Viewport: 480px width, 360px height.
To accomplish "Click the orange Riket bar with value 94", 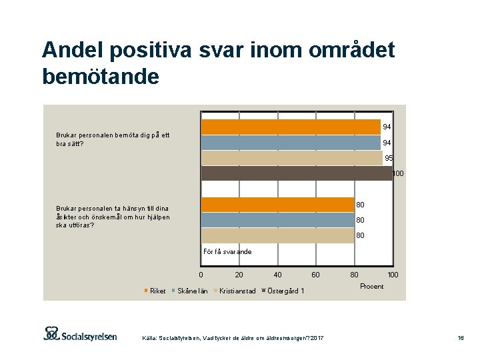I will point(291,127).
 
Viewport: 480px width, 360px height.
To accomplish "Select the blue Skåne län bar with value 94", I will point(291,143).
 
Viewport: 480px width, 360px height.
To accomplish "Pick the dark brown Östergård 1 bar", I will point(297,173).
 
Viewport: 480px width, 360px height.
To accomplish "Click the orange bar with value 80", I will point(277,205).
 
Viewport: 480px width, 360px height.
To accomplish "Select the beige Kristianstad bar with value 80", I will point(277,235).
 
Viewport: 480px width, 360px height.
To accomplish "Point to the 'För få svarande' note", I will point(227,251).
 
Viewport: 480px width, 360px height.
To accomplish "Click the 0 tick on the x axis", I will point(201,275).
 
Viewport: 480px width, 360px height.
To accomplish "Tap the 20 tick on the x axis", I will point(239,275).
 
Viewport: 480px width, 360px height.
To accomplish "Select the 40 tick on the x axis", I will point(277,275).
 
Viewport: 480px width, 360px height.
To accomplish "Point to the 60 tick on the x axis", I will point(315,275).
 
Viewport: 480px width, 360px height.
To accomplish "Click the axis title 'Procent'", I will point(371,286).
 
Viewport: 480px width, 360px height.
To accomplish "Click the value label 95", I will point(388,159).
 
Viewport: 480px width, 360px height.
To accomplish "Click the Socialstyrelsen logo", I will point(80,334).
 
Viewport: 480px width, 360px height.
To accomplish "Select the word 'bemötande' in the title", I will point(100,76).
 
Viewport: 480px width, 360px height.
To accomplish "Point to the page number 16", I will point(460,339).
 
